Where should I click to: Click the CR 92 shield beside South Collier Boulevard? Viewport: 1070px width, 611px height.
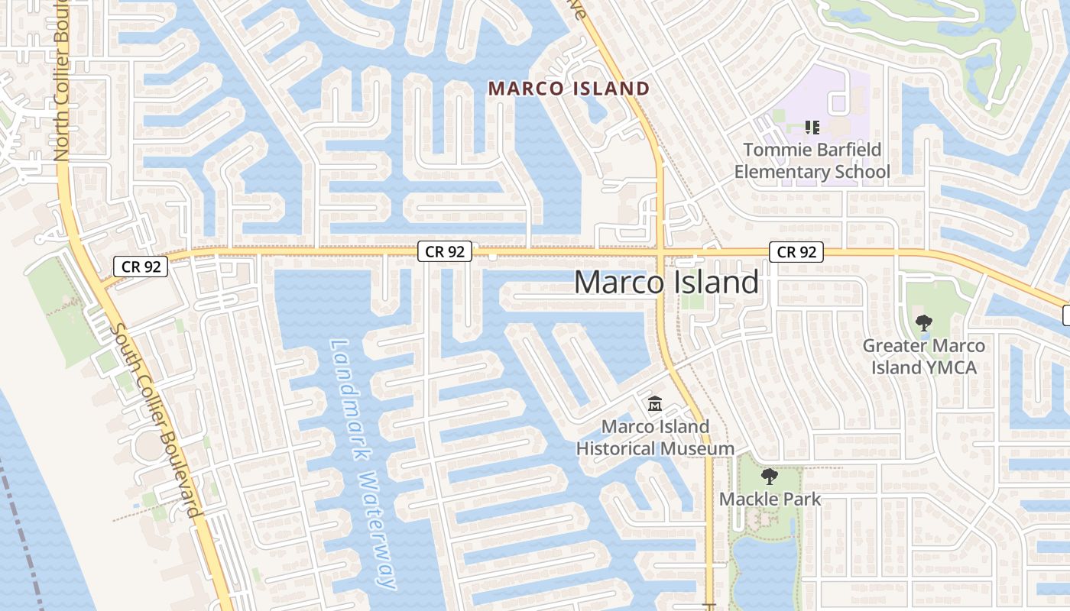tap(141, 267)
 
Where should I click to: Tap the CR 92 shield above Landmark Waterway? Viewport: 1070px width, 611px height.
tap(445, 251)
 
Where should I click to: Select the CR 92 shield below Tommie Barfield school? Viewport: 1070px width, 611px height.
tap(797, 252)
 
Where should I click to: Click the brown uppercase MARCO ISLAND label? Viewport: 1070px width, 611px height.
tap(569, 89)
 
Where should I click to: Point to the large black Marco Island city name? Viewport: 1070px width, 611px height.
tap(666, 283)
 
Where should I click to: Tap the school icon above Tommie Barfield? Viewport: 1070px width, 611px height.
tap(812, 128)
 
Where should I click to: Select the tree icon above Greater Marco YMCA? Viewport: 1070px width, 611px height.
tap(923, 323)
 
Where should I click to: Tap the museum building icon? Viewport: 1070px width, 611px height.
tap(655, 403)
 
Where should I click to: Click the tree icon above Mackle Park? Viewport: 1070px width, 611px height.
tap(770, 477)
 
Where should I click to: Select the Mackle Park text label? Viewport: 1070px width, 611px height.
tap(770, 499)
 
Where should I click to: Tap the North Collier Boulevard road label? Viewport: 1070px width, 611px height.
tap(62, 84)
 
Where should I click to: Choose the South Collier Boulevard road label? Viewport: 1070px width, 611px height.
tap(157, 420)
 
